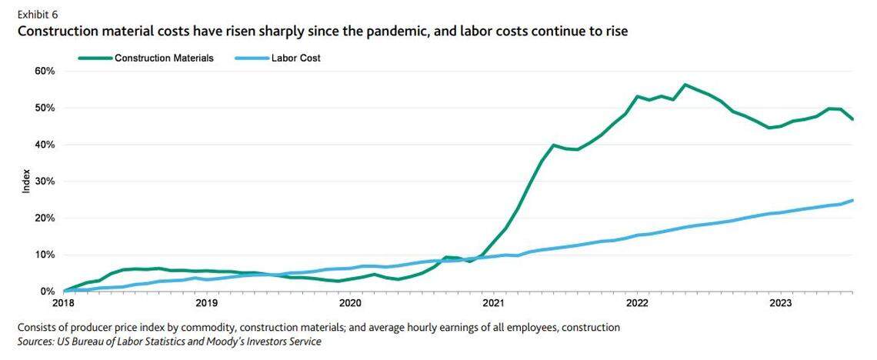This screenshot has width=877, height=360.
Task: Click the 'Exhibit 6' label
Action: [x=38, y=14]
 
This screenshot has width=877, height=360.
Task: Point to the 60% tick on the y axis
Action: [x=44, y=72]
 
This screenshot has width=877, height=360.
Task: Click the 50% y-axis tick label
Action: [x=44, y=108]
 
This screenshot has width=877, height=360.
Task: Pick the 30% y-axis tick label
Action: [x=44, y=182]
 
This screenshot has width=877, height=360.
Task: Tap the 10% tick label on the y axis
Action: [x=44, y=255]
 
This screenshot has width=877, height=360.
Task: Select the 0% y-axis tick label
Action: [x=46, y=292]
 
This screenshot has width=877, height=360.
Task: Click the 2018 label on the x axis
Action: [x=63, y=305]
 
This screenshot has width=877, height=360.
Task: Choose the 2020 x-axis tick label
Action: [x=350, y=305]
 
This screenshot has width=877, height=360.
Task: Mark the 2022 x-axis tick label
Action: [x=637, y=305]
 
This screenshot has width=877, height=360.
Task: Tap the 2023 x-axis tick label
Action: [x=781, y=305]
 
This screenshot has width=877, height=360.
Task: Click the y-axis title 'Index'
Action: [x=25, y=181]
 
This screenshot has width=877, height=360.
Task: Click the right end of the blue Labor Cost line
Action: [x=853, y=200]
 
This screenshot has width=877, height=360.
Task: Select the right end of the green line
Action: [x=853, y=119]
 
